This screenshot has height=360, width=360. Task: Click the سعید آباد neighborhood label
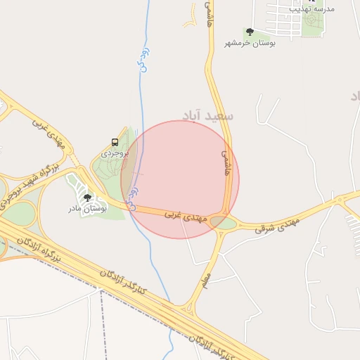[207, 115]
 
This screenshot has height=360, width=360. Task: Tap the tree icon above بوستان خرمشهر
[249, 32]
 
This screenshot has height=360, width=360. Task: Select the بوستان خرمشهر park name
[250, 43]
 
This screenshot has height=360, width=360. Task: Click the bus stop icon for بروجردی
[115, 141]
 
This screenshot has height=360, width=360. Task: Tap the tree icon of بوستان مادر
[87, 198]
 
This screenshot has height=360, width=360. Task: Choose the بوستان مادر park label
[87, 209]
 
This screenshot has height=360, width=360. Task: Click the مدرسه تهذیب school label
[332, 8]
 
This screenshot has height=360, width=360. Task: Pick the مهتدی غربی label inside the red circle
[185, 216]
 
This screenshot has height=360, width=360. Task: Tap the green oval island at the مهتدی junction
[227, 224]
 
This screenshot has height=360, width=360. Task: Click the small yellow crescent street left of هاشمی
[190, 20]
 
